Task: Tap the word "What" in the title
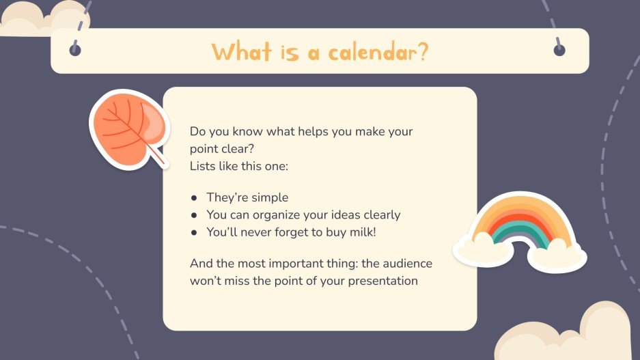click(241, 51)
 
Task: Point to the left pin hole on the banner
click(76, 50)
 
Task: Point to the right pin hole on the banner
click(559, 50)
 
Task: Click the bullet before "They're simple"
click(194, 197)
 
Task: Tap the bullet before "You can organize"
click(194, 215)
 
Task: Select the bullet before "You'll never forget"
click(194, 232)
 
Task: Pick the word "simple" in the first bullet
click(256, 197)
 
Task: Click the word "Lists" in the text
click(203, 166)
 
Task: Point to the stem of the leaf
click(161, 158)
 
